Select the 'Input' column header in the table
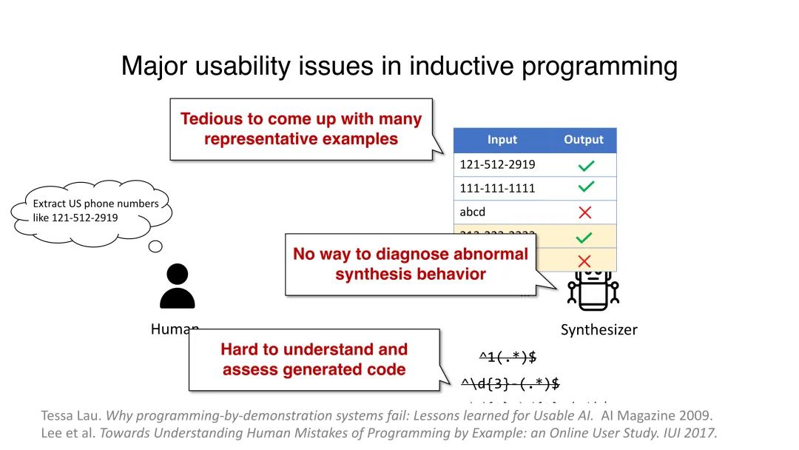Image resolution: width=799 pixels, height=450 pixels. [x=502, y=140]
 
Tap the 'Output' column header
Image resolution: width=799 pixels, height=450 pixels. [x=583, y=140]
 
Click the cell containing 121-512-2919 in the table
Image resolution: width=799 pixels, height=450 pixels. [x=498, y=164]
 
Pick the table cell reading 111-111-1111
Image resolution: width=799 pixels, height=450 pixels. [x=498, y=188]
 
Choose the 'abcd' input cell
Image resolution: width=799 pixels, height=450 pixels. [x=473, y=212]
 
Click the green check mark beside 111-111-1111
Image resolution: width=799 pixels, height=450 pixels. [x=584, y=188]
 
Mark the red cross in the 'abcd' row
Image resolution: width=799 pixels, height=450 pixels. [x=584, y=212]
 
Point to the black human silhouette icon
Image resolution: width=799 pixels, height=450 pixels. [x=178, y=286]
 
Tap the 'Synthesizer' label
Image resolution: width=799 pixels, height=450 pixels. [x=599, y=330]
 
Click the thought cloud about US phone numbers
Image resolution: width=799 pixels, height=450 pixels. [x=92, y=211]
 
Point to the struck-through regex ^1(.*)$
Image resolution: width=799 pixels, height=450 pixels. [x=508, y=357]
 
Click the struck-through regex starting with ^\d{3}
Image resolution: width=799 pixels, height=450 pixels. [x=510, y=383]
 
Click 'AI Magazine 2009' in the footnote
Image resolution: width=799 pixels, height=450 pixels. [x=661, y=415]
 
